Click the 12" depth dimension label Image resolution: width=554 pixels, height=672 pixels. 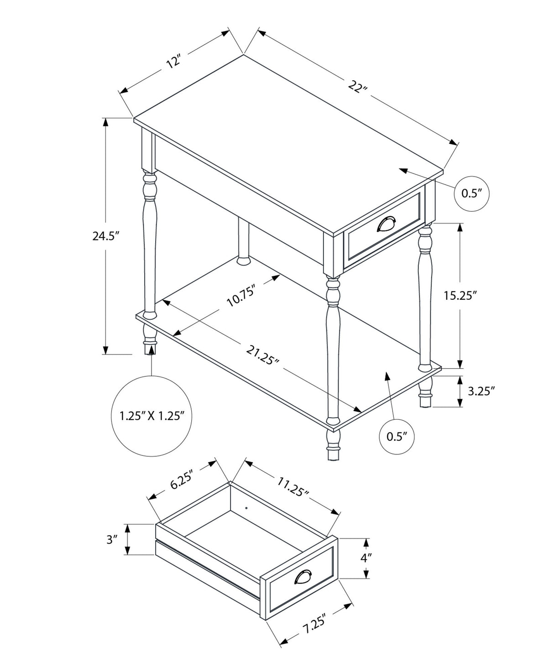(174, 61)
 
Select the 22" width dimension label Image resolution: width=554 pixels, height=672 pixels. (357, 86)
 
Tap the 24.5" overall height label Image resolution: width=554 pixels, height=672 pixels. (105, 236)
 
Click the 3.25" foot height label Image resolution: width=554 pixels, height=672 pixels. (481, 391)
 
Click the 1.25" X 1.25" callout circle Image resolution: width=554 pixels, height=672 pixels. (152, 416)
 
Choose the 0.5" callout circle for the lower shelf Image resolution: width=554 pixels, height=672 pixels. (397, 437)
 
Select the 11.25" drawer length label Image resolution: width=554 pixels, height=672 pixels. (293, 487)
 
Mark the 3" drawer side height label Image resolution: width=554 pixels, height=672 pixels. (112, 540)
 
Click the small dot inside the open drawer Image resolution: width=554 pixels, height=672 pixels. (246, 507)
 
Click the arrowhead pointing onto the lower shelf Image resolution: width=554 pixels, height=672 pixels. (387, 375)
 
